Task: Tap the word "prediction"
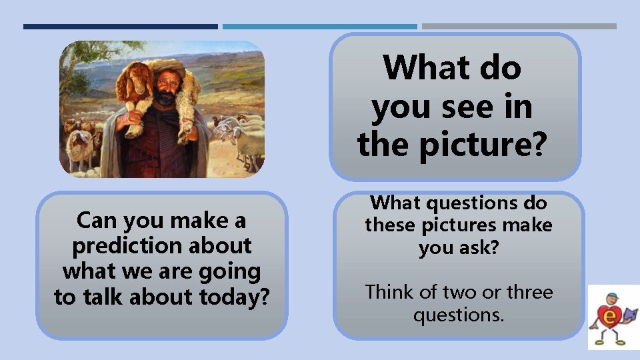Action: (x=116, y=245)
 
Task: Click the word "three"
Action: (x=530, y=292)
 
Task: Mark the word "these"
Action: (x=390, y=225)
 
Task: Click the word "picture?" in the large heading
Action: (x=483, y=144)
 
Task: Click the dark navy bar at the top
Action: (x=120, y=27)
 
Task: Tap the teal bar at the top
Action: (x=319, y=27)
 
